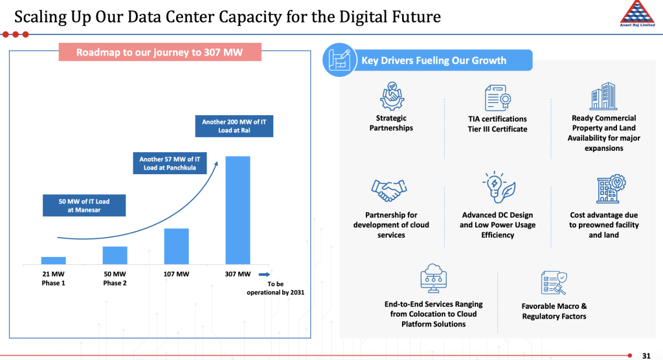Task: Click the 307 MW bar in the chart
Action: click(238, 210)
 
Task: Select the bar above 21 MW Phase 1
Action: click(53, 260)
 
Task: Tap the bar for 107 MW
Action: click(176, 246)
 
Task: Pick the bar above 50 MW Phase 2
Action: click(115, 255)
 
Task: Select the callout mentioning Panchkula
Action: click(168, 164)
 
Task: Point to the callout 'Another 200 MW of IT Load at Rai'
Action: click(234, 126)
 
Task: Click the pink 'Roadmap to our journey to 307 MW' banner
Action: click(160, 52)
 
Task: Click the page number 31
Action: click(646, 355)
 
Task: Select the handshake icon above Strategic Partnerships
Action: click(391, 96)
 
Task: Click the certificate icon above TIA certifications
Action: click(498, 98)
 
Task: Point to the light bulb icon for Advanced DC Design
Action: click(498, 188)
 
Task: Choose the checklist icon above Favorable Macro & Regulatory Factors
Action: click(554, 283)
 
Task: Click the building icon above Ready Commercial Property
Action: click(603, 96)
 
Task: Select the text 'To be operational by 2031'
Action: click(275, 288)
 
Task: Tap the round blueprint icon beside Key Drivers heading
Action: click(337, 60)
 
